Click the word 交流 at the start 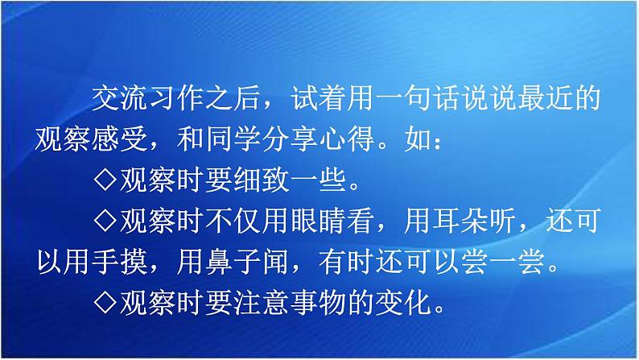coord(120,99)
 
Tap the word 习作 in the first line coord(177,99)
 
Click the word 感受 coord(120,139)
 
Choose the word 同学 coord(234,139)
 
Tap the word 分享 coord(291,139)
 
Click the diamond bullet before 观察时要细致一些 coord(105,180)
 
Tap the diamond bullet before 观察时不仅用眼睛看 coord(105,221)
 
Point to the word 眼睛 coord(319,221)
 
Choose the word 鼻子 coord(234,261)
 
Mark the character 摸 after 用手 coord(134,261)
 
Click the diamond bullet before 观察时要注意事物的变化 coord(105,302)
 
